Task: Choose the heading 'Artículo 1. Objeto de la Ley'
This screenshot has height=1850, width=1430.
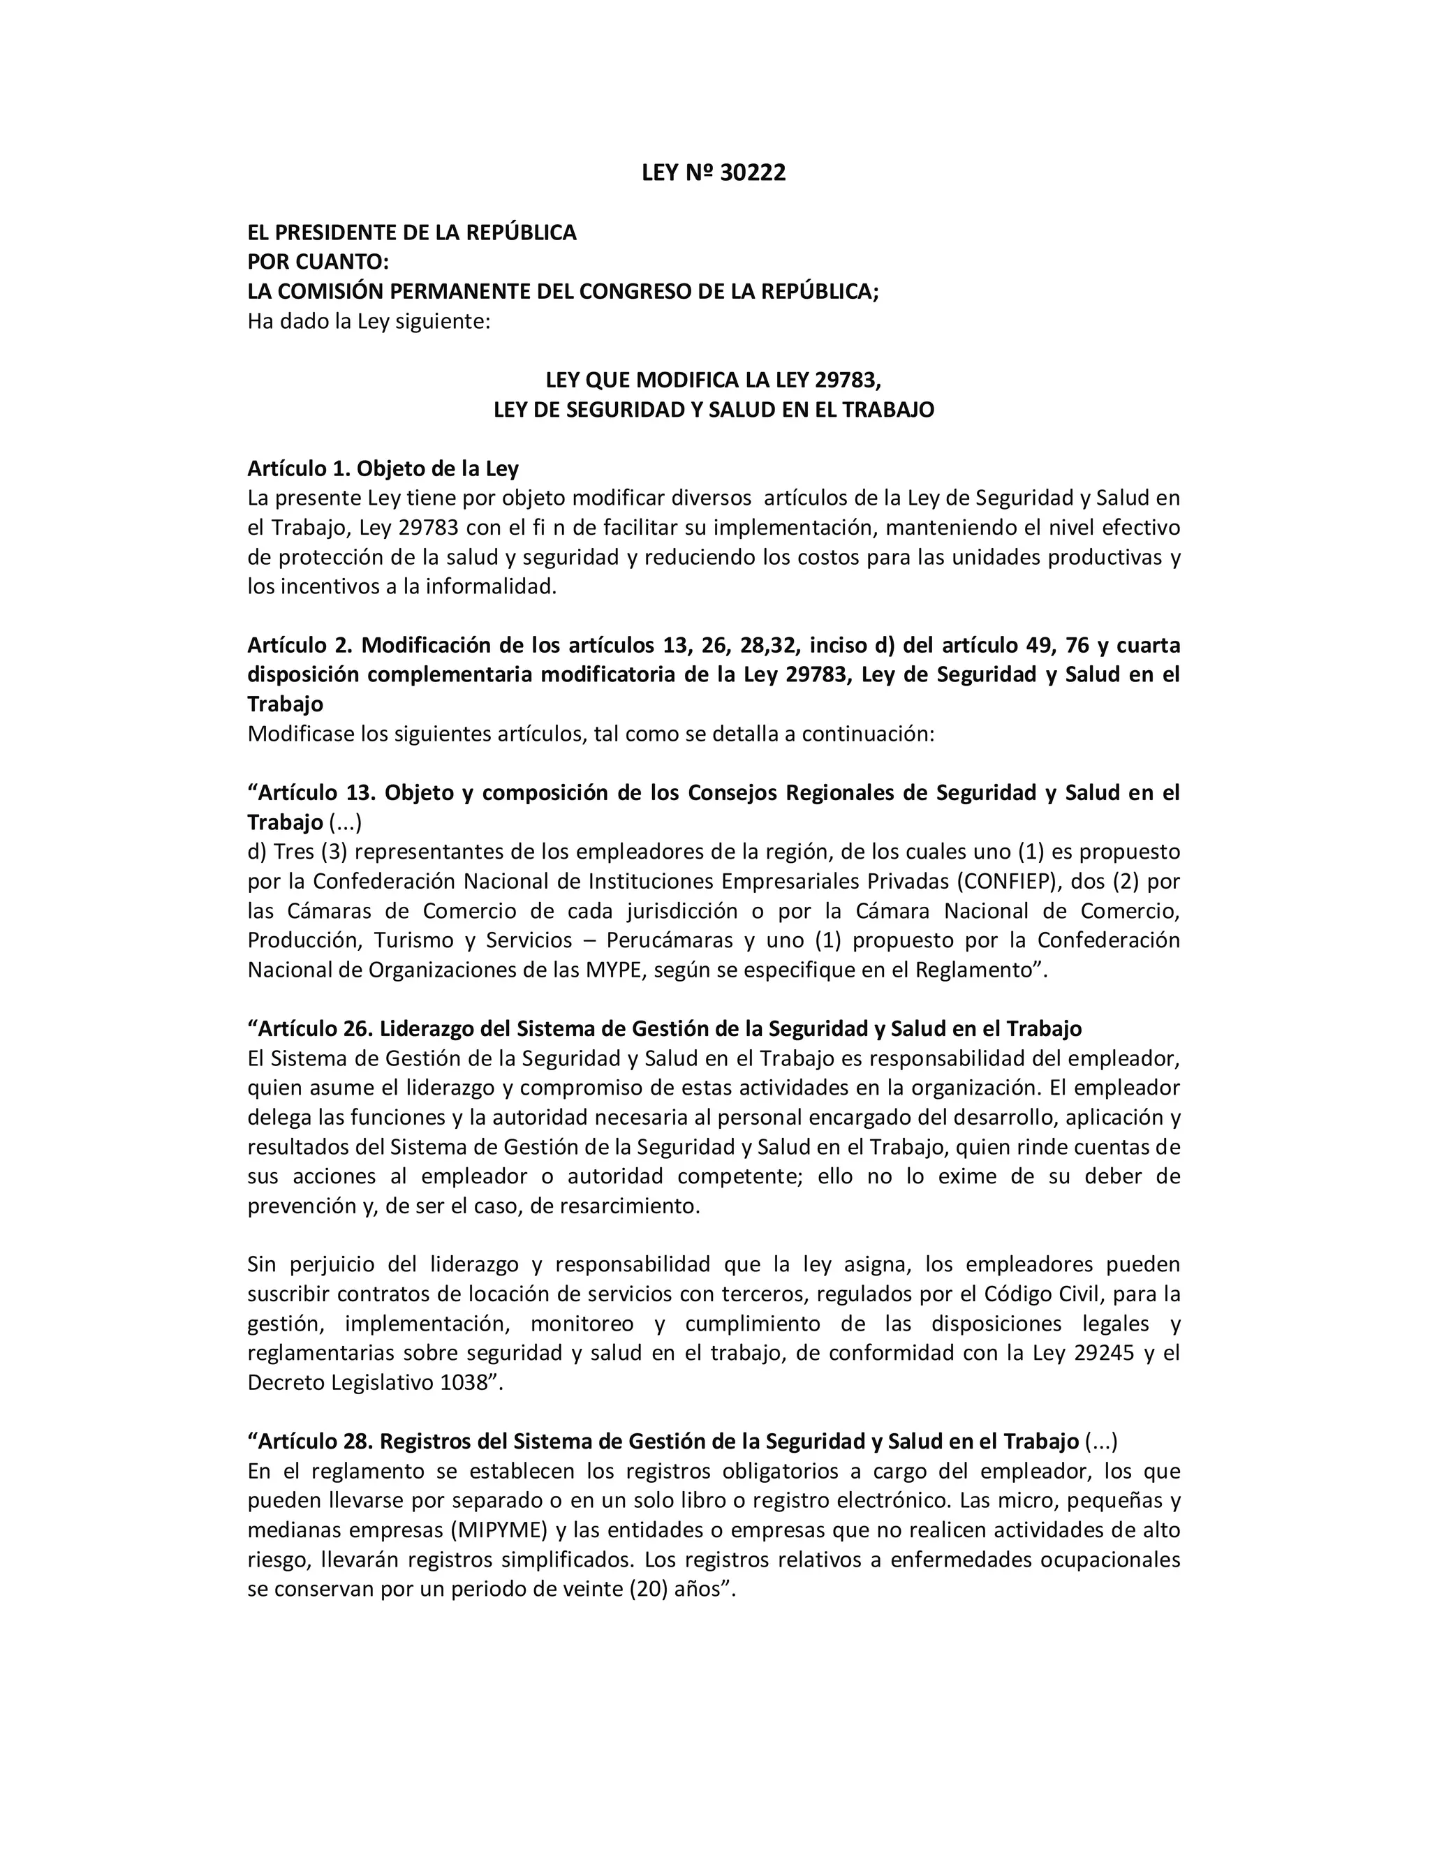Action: click(x=383, y=468)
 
